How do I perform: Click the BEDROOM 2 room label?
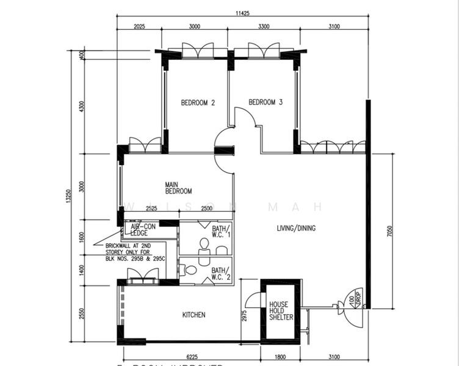tap(198, 103)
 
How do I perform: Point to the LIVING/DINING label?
tap(296, 229)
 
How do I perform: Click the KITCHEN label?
tap(193, 315)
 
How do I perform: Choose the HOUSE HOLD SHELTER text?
tap(281, 310)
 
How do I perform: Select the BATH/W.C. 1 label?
tap(221, 231)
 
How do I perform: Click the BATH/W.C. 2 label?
tap(221, 273)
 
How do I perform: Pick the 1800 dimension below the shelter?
tap(280, 357)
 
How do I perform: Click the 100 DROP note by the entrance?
tap(352, 301)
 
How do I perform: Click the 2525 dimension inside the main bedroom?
tap(152, 209)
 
